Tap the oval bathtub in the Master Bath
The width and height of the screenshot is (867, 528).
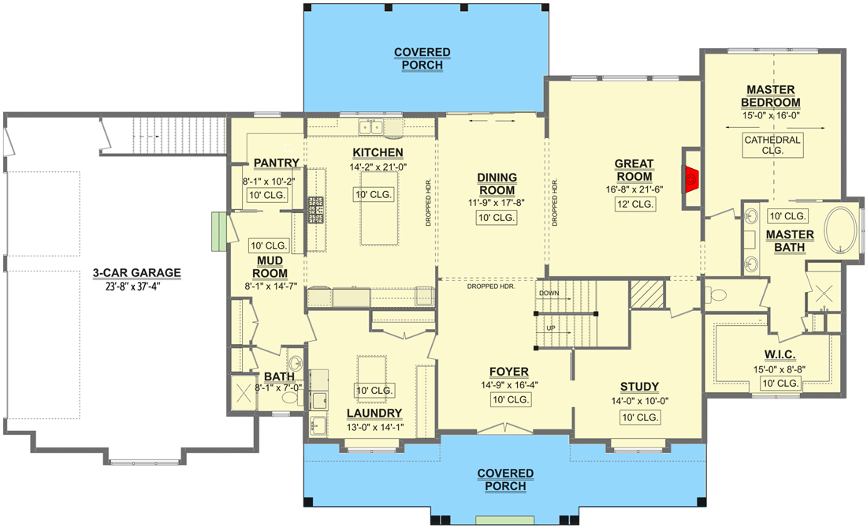(x=842, y=230)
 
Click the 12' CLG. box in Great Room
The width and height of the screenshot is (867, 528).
(x=635, y=204)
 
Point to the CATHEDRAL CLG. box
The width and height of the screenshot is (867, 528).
(x=772, y=145)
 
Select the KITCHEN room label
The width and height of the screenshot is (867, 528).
(x=378, y=153)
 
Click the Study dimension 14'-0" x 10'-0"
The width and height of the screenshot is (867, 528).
(x=639, y=401)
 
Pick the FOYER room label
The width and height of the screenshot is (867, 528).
(x=508, y=372)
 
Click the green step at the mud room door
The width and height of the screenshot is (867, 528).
(x=218, y=231)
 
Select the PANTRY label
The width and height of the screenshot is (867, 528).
(x=276, y=163)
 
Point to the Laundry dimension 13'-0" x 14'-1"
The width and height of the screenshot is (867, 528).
(x=374, y=428)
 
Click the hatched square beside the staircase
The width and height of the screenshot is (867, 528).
(x=644, y=297)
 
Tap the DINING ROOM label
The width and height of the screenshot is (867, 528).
(x=497, y=184)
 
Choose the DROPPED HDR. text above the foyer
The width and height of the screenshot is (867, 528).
(x=491, y=286)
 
